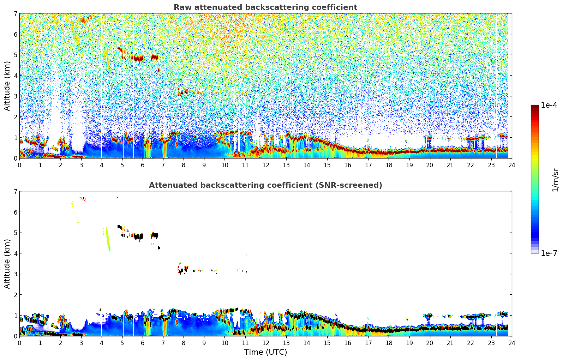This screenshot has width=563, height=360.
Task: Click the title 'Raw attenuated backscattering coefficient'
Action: pos(265,7)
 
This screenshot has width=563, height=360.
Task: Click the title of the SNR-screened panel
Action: pos(265,185)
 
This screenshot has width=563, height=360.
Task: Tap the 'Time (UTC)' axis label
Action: pos(265,352)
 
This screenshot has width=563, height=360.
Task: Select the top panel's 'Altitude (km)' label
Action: pos(7,86)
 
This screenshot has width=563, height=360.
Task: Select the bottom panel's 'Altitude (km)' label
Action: pos(7,264)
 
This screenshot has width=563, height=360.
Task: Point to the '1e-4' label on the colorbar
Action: pos(549,105)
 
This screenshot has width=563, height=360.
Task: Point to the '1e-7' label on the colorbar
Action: pos(549,253)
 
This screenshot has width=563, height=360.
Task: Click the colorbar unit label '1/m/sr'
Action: pos(555,180)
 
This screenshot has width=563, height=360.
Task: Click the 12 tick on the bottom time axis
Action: pos(265,343)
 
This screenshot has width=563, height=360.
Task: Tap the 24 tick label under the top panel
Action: pos(511,165)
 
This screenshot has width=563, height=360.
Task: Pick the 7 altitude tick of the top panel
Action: pos(15,14)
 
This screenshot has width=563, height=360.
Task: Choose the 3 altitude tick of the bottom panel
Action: pos(15,274)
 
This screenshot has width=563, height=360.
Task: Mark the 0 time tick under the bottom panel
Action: pos(19,343)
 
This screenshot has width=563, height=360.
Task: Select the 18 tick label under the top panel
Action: pos(389,165)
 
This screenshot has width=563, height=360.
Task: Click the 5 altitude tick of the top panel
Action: pos(15,55)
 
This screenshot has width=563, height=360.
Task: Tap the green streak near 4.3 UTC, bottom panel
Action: pos(108,240)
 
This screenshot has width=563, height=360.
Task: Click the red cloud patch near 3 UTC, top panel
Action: pos(83,20)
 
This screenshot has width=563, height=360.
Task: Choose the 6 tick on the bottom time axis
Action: pos(143,343)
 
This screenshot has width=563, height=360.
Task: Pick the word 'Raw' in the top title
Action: pos(181,7)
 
